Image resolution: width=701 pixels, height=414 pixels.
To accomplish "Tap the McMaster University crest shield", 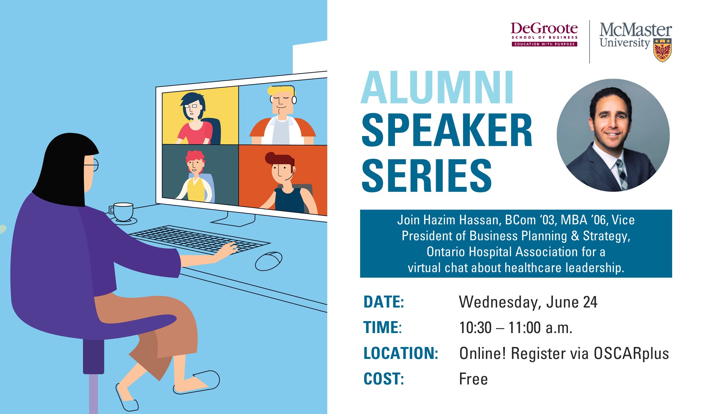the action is coord(662,50).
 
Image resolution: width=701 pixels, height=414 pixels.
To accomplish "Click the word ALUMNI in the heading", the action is coord(437,88).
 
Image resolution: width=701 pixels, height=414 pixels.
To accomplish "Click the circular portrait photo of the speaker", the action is coord(613,135).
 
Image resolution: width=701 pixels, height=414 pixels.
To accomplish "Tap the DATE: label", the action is coord(384,302).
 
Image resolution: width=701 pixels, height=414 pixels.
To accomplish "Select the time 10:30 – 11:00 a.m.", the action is coord(516,328).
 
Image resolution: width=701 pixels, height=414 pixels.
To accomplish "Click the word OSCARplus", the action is coord(631,353).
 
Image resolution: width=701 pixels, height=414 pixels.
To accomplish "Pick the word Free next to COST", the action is coord(473,379).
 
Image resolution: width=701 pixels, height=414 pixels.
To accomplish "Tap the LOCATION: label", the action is coord(401,353).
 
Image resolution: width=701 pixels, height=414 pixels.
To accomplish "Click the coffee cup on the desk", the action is coord(122,212).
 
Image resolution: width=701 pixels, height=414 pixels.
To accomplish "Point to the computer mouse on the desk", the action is coord(269,261).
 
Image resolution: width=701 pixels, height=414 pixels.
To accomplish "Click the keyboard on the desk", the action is coord(199,240).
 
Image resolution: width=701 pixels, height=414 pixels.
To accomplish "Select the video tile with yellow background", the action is coord(200,115).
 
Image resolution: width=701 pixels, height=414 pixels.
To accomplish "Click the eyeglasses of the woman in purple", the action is coord(92,165).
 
